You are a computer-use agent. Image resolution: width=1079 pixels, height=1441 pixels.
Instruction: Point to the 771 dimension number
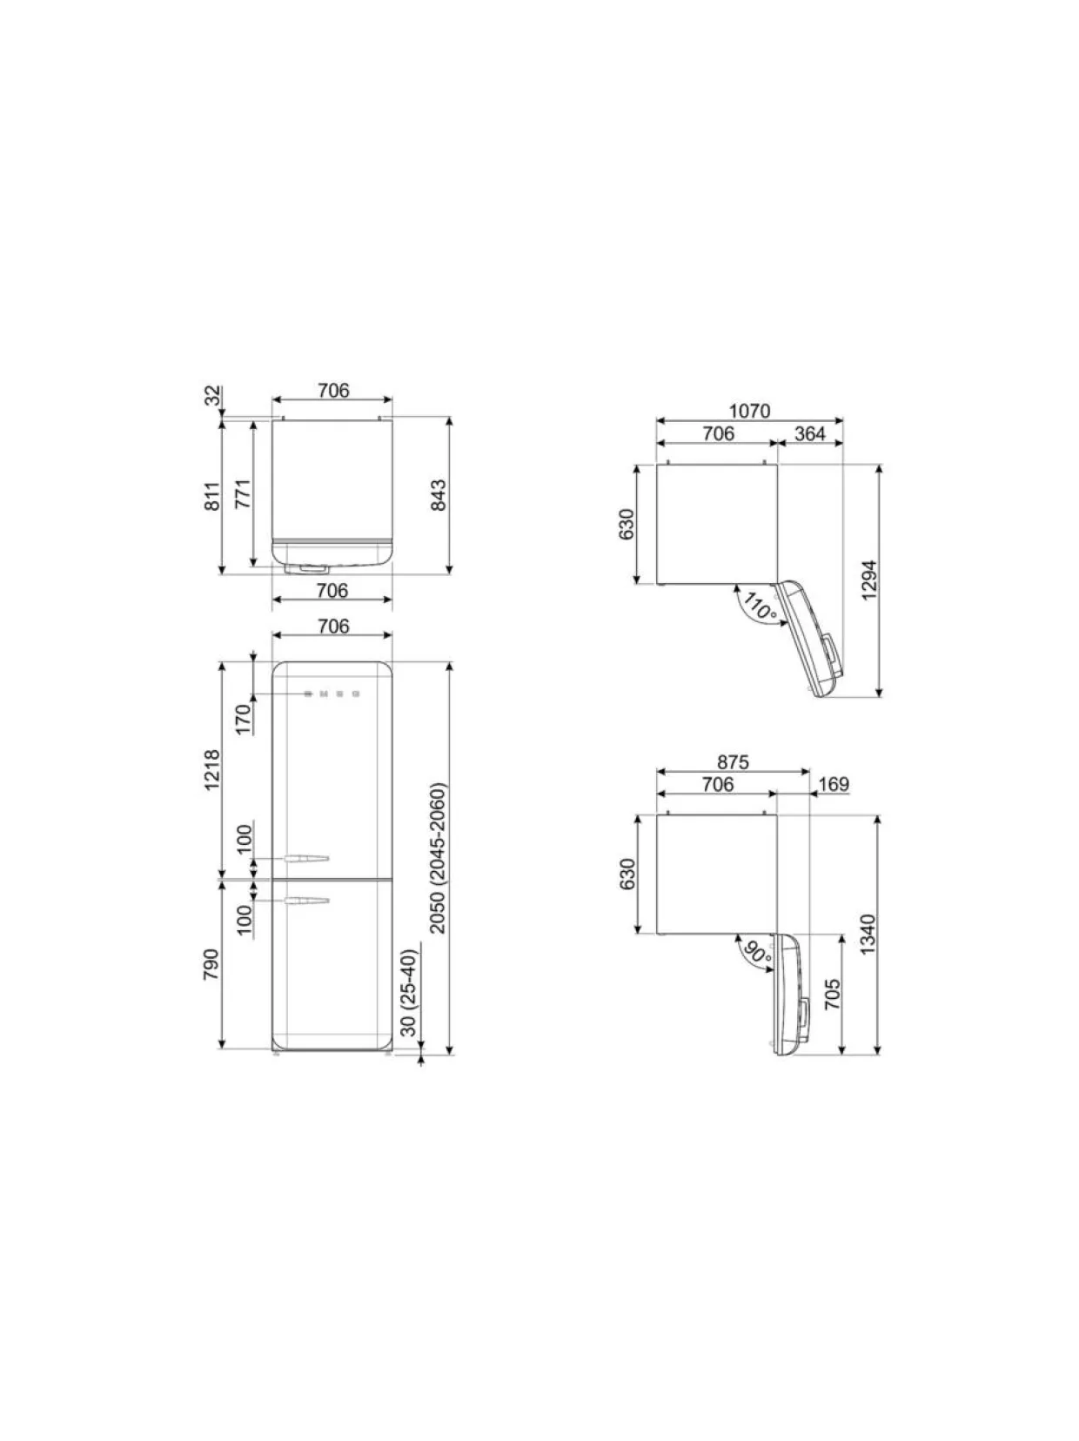[x=244, y=493]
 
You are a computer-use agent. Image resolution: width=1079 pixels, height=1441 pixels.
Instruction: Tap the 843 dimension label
[x=438, y=495]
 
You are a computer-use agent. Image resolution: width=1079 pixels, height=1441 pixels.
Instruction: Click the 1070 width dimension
[x=749, y=411]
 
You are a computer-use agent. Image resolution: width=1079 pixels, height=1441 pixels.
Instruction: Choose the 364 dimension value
[x=810, y=433]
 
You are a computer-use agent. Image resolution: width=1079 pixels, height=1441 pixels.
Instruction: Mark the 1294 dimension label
[x=868, y=580]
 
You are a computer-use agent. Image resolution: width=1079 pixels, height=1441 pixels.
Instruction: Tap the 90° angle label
[x=758, y=951]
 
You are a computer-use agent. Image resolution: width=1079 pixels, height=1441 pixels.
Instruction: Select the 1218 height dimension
[x=212, y=770]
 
